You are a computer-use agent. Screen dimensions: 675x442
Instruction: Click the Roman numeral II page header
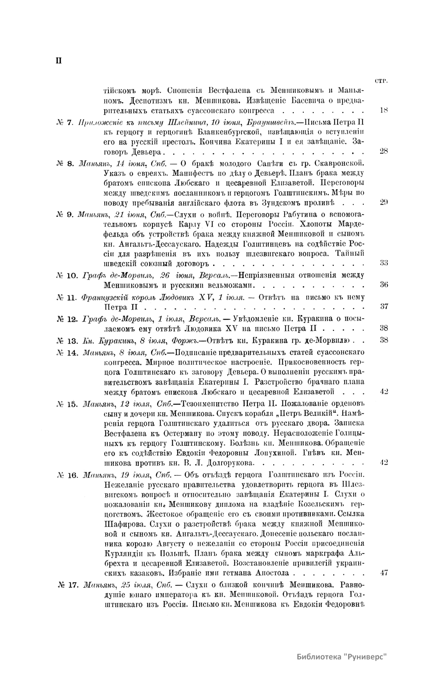coord(58,61)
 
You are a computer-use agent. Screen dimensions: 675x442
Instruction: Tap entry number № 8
coord(66,163)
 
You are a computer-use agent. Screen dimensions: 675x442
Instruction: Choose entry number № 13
coord(67,340)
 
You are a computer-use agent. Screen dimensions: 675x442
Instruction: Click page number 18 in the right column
coord(383,110)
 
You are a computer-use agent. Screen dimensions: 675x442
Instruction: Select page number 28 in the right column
coord(383,151)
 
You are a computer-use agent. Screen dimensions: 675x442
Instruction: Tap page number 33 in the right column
coord(383,263)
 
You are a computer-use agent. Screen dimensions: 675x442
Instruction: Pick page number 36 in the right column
coord(383,285)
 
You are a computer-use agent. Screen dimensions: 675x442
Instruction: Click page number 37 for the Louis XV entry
coord(383,306)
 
